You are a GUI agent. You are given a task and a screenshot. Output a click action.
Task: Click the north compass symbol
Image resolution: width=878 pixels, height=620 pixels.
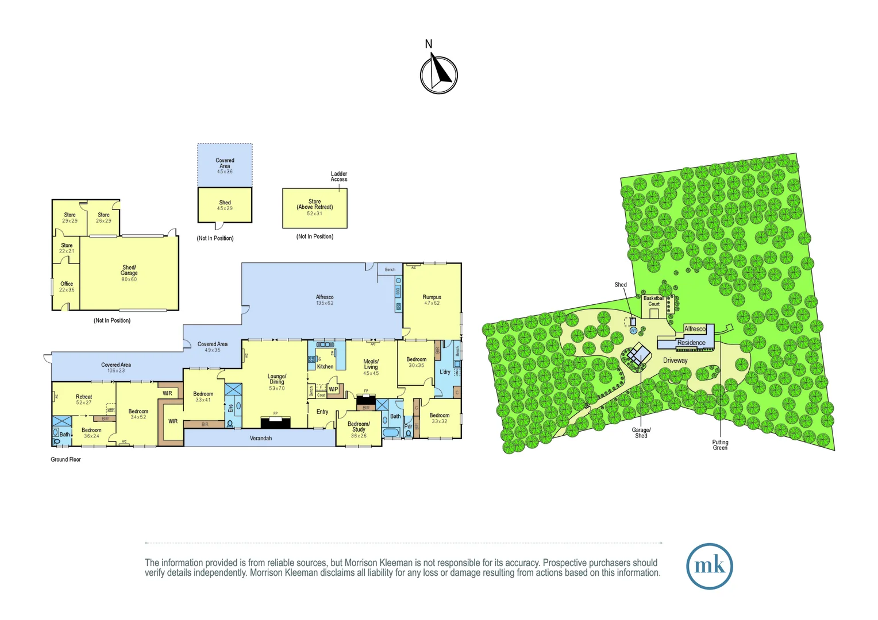coord(438,74)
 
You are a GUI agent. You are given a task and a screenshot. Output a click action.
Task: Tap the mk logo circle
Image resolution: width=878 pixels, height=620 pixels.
coord(709,566)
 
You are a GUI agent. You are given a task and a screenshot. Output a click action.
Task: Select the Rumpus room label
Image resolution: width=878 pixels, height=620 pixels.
coord(432,297)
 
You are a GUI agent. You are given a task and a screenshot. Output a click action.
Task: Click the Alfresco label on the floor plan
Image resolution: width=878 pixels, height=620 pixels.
coord(325,297)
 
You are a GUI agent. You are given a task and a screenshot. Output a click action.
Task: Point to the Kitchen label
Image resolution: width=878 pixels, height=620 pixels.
coord(325,366)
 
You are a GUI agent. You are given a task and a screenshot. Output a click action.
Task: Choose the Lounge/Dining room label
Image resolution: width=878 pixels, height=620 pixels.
coord(277,379)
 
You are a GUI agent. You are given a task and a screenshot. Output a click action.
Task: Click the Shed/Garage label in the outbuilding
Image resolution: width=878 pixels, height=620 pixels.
coord(129,270)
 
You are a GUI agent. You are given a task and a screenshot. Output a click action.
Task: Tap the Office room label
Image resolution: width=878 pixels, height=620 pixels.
coord(67,284)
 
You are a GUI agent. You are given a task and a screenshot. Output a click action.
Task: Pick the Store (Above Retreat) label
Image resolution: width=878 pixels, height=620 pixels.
coord(315,204)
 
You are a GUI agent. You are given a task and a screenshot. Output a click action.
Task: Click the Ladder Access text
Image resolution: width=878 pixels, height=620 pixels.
coord(339,176)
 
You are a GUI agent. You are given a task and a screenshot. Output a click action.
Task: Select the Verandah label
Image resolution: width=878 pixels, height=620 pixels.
coord(261,438)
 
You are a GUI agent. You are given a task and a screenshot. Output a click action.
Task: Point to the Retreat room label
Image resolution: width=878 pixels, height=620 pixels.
coord(84,397)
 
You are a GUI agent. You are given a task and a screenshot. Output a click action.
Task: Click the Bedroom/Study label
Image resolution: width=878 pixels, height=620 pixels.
coord(359,427)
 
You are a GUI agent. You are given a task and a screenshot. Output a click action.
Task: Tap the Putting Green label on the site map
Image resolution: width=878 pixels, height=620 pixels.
coord(720,445)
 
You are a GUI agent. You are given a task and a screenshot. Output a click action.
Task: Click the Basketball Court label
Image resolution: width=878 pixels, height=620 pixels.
coord(654,301)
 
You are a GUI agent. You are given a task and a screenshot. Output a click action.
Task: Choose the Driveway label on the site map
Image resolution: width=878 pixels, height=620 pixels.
coord(675,361)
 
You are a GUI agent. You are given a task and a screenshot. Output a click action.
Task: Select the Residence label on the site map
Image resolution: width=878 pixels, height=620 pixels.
coord(691,343)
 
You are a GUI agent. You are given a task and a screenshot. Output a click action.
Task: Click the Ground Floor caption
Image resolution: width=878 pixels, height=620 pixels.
coord(66,459)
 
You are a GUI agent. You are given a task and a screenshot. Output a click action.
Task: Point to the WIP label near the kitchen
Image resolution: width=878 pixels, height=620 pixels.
coord(333,389)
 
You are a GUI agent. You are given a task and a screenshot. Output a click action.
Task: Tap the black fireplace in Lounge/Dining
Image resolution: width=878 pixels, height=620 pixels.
coord(276,423)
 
